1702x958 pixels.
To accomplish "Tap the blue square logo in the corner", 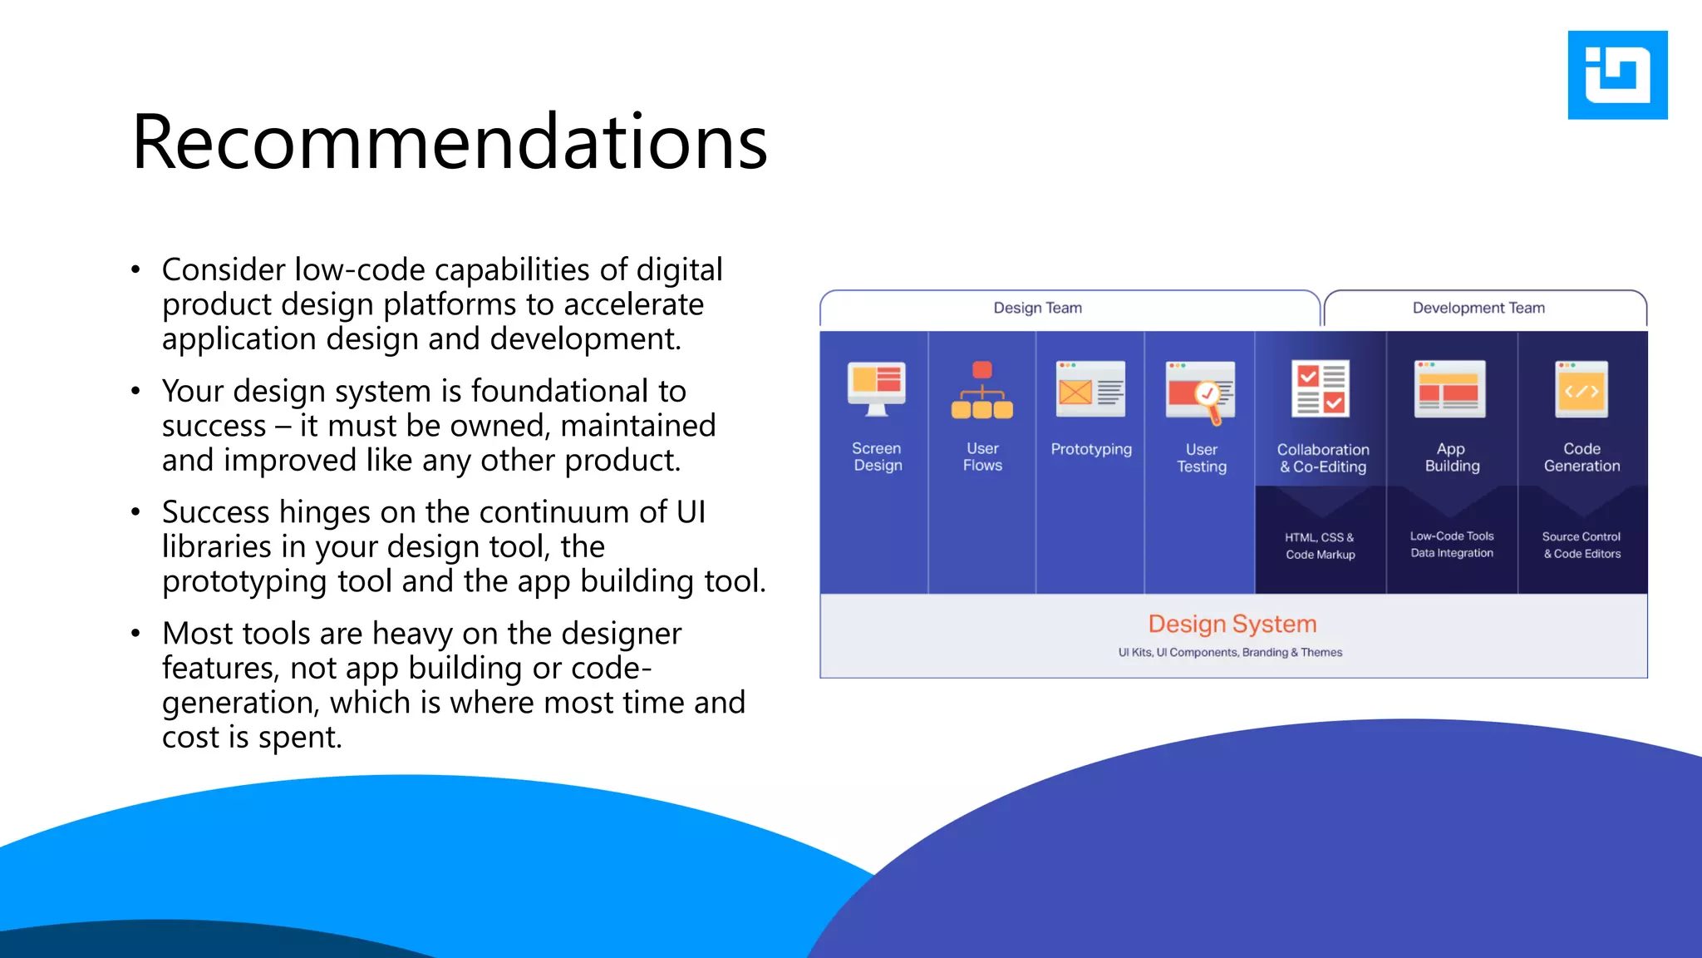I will pyautogui.click(x=1616, y=75).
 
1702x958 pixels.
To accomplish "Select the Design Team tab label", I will pyautogui.click(x=1037, y=308).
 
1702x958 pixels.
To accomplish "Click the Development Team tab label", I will pyautogui.click(x=1478, y=308).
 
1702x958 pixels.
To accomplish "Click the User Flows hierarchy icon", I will pyautogui.click(x=981, y=390).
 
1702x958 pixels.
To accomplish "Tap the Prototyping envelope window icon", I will pyautogui.click(x=1090, y=389).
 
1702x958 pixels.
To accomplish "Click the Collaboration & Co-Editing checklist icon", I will pyautogui.click(x=1321, y=389).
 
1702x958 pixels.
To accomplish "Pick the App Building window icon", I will pyautogui.click(x=1450, y=389).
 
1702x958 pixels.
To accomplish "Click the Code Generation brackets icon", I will pyautogui.click(x=1581, y=389).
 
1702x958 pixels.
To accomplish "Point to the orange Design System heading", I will pyautogui.click(x=1232, y=624).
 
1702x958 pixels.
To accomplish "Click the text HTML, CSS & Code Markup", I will pyautogui.click(x=1320, y=546).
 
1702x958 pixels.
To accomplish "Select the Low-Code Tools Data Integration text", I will pyautogui.click(x=1451, y=545).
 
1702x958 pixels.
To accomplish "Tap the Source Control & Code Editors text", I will pyautogui.click(x=1581, y=546).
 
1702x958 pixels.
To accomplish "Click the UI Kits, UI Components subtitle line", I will pyautogui.click(x=1230, y=653).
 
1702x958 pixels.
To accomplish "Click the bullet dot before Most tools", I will pyautogui.click(x=135, y=634).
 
